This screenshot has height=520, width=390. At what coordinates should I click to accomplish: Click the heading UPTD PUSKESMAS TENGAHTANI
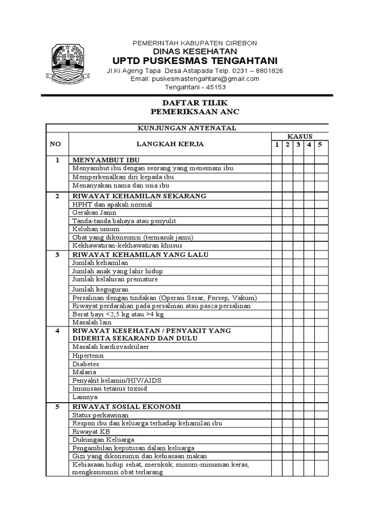click(195, 61)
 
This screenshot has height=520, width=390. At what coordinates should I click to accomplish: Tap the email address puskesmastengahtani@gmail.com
click(195, 79)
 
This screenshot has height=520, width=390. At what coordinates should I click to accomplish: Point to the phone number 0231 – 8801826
click(257, 71)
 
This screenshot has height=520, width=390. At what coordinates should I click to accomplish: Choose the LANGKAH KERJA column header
click(169, 144)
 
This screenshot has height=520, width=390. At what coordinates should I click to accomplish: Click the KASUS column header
click(300, 136)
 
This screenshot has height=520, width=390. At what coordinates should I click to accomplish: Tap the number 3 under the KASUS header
click(298, 145)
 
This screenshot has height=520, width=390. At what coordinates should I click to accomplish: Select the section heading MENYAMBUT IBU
click(105, 160)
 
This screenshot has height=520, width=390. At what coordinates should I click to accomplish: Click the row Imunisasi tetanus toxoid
click(110, 388)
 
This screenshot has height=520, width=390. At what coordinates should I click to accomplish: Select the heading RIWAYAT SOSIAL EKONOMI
click(126, 407)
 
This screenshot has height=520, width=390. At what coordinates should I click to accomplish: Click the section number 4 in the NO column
click(57, 331)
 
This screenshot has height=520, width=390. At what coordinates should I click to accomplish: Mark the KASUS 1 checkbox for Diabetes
click(276, 364)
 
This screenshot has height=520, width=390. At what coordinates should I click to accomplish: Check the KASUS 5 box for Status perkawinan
click(321, 415)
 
